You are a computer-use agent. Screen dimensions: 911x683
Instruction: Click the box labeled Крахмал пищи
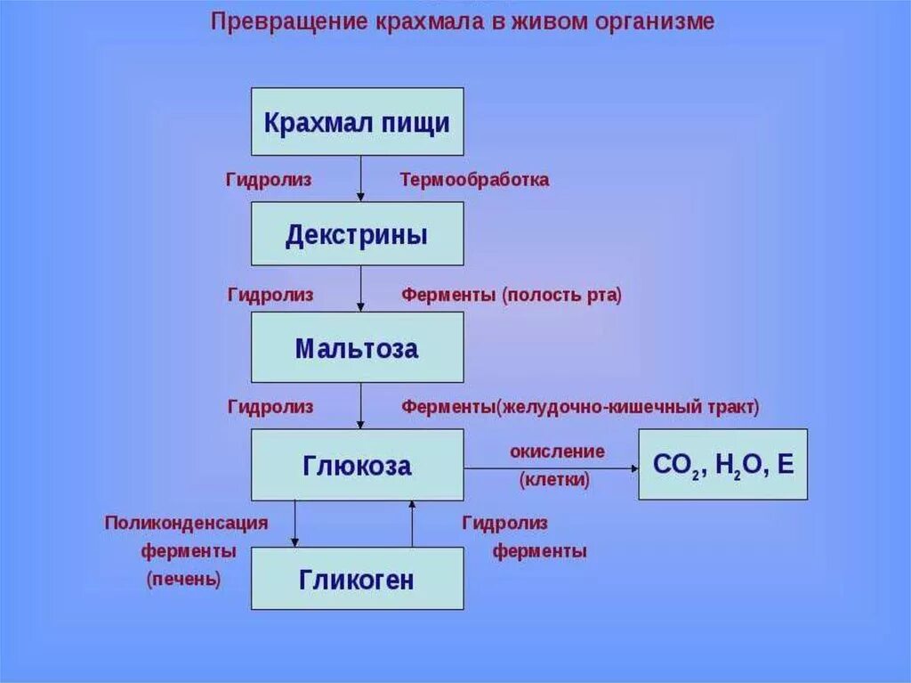pos(357,122)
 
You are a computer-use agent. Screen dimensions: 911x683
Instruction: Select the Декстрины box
pos(357,234)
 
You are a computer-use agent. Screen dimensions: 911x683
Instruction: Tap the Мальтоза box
pos(357,348)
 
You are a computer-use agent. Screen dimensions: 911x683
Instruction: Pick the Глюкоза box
pos(357,465)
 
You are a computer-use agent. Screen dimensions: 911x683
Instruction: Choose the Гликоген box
pos(357,579)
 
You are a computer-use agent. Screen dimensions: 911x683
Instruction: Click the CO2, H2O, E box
pos(722,465)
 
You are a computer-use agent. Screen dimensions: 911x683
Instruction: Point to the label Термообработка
pos(474,180)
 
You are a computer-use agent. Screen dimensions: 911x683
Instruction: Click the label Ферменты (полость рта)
pos(512,295)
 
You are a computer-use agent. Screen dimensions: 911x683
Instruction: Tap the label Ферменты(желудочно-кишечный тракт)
pos(580,407)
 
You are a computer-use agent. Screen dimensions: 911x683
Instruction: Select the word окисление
pos(557,451)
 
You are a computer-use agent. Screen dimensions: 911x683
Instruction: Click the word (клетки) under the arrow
pos(554,480)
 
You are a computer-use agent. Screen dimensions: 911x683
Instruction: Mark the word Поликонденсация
pos(186,523)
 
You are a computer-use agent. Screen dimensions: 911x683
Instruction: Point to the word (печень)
pos(183,579)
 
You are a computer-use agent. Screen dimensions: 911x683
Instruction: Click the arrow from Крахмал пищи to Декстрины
pos(360,179)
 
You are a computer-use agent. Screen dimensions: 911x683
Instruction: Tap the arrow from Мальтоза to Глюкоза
pos(360,406)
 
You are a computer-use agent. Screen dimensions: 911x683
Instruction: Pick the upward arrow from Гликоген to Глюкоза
pos(412,524)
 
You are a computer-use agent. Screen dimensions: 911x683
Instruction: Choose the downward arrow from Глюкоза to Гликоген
pos(294,524)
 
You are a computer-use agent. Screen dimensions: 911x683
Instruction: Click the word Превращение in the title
pos(284,21)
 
